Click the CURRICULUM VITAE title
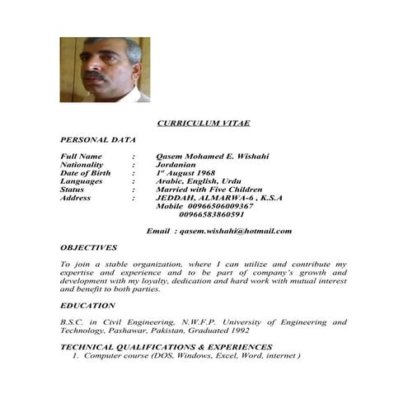pos(203,123)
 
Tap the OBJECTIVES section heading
pos(88,247)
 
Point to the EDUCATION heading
pos(87,305)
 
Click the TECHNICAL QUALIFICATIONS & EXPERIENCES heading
pos(166,347)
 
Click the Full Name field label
pos(82,156)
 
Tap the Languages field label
pos(82,181)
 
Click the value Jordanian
pos(178,164)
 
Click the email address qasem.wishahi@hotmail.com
pos(236,231)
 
